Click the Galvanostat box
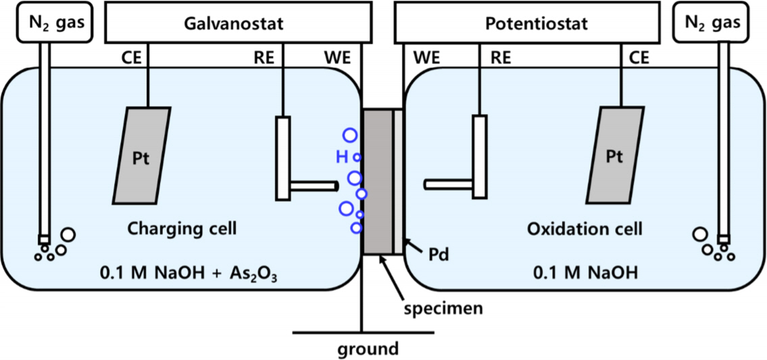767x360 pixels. click(232, 24)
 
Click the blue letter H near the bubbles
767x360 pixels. click(342, 157)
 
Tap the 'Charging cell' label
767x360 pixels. click(182, 229)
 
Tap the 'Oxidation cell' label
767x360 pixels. click(584, 229)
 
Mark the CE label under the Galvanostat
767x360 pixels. click(131, 58)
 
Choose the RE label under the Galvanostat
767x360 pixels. click(264, 58)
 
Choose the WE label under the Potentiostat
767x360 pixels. click(426, 58)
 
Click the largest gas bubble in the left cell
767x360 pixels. click(68, 236)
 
